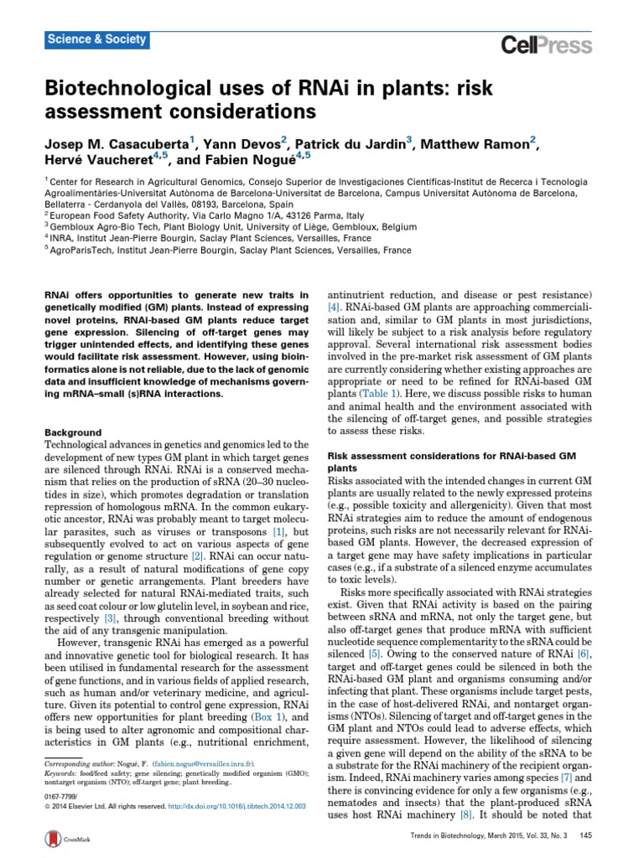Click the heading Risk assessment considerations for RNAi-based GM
coord(451,456)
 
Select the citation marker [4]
coord(333,308)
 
